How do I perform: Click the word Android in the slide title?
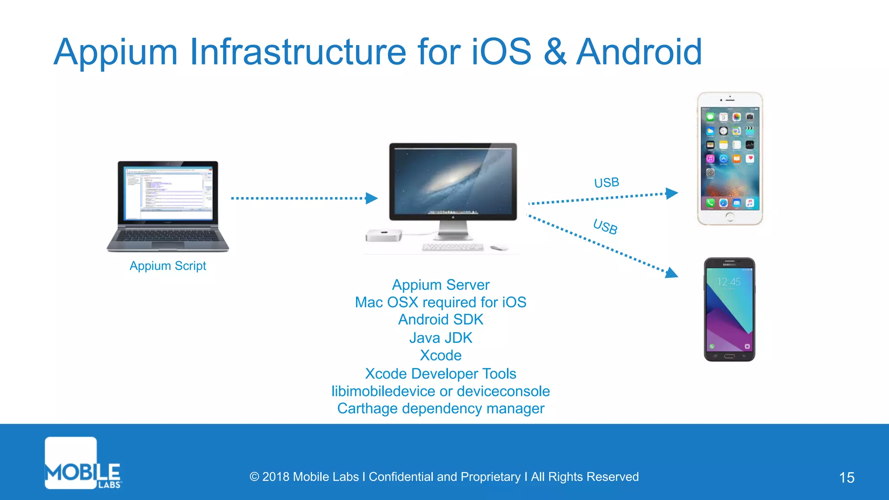click(639, 52)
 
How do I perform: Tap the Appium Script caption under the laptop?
click(168, 266)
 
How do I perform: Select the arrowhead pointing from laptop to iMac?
click(372, 198)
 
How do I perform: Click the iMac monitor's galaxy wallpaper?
click(453, 180)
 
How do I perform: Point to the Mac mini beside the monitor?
click(383, 235)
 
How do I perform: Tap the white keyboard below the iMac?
click(452, 247)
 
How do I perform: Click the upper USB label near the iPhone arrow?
click(606, 183)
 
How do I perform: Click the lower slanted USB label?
click(605, 227)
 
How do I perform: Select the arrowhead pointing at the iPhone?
click(672, 193)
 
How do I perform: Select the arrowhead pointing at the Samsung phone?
click(672, 273)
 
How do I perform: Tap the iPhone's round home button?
click(730, 217)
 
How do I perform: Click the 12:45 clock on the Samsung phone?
click(729, 282)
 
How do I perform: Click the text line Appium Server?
click(441, 285)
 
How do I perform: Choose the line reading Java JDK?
click(441, 338)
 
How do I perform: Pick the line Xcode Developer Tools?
click(441, 374)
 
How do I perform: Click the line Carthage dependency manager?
click(441, 408)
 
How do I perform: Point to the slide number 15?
click(846, 477)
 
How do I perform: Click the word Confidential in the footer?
click(401, 477)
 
